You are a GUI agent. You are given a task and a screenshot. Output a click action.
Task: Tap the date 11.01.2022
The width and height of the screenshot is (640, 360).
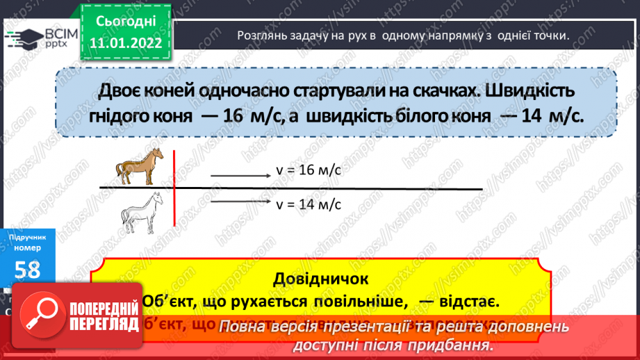126,41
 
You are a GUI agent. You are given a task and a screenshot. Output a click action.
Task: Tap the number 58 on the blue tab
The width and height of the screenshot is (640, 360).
27,270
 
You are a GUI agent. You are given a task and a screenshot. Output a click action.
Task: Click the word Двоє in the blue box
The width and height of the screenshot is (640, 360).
124,91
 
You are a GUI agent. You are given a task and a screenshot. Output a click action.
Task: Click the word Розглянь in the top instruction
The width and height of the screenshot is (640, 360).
261,35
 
